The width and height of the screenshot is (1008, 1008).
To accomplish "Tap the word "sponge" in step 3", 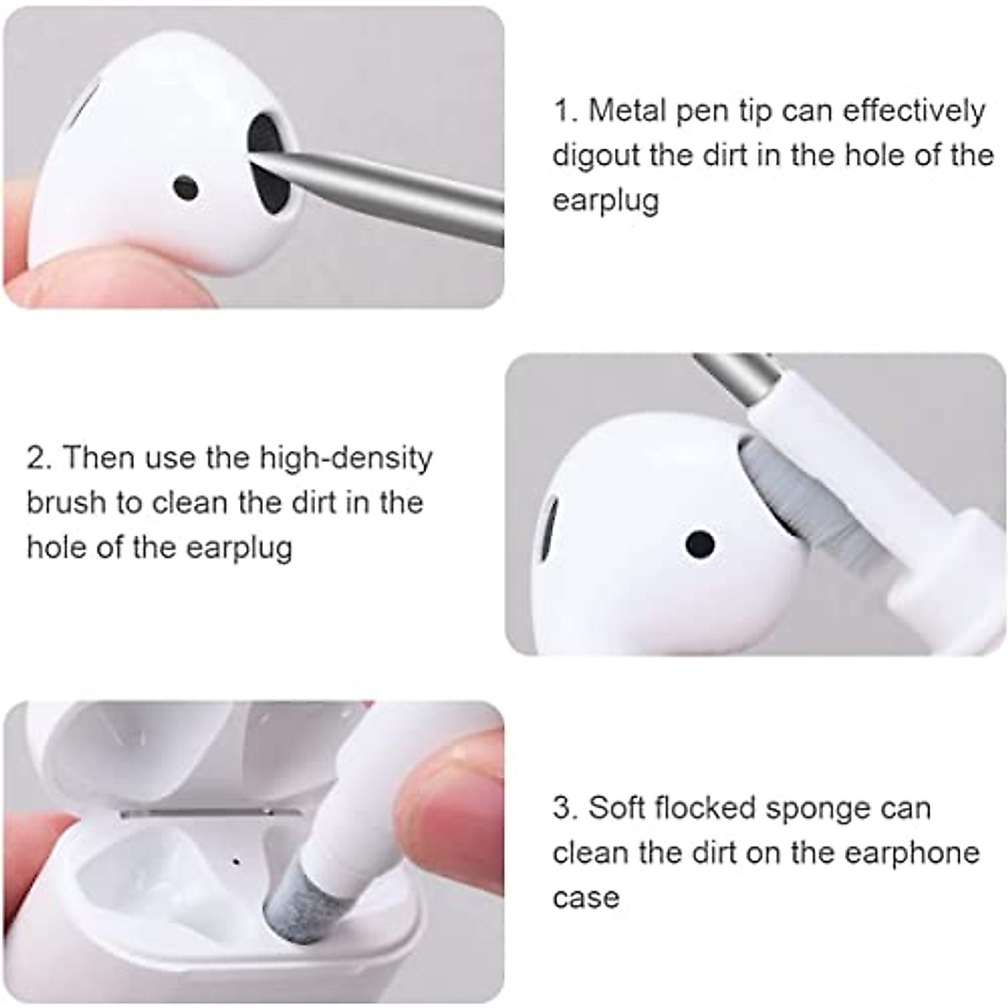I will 806,808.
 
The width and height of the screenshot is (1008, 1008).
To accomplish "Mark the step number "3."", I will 564,808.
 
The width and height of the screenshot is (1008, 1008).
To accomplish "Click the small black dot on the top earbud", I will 186,188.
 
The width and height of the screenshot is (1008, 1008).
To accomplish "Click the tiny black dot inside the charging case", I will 235,861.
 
